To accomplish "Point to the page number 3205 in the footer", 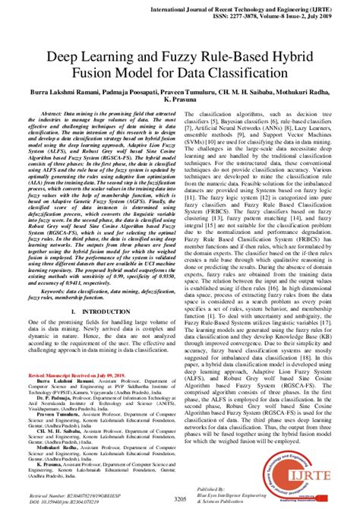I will (180, 498).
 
